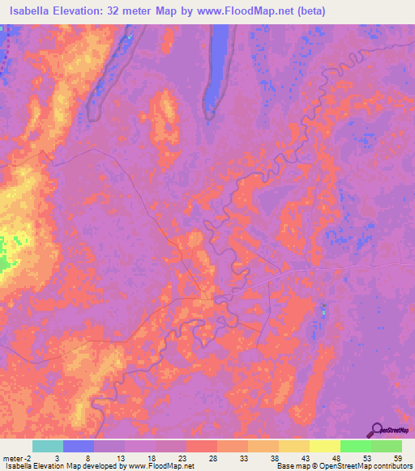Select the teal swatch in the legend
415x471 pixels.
48,446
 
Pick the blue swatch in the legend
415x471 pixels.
79,446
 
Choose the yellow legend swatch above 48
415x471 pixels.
324,446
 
